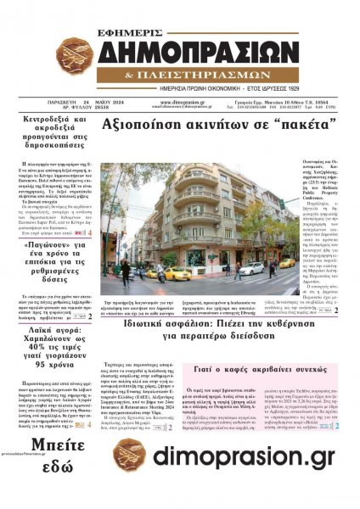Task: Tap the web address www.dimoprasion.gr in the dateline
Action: click(182, 101)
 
